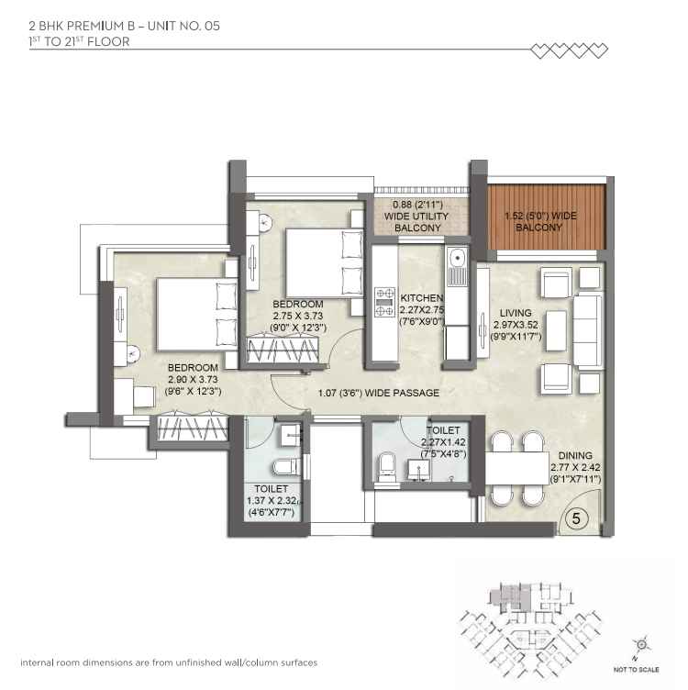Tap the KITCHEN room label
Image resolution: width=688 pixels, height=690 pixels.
tap(422, 298)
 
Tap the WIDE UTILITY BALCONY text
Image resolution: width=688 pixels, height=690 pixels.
tap(417, 216)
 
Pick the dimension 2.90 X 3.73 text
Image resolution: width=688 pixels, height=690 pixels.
tap(194, 377)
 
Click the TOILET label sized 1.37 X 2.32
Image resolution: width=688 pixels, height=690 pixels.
tap(267, 489)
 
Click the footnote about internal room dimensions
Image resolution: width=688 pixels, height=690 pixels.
tap(169, 662)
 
